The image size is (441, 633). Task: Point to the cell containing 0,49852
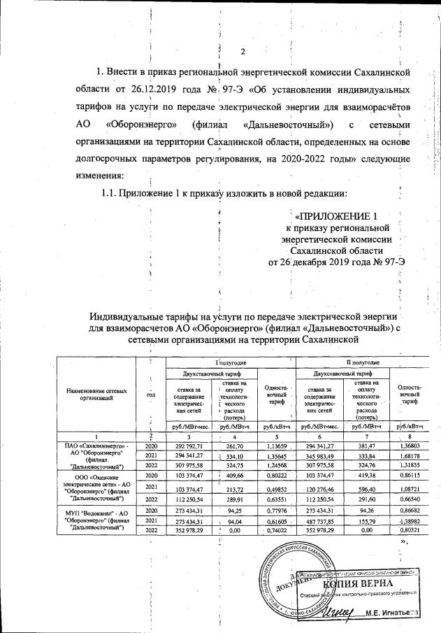tap(276, 488)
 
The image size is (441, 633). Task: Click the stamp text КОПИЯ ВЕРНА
tap(352, 583)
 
